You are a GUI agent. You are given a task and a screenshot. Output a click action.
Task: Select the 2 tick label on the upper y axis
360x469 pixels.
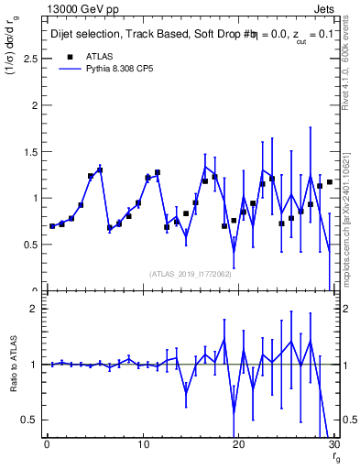coord(33,104)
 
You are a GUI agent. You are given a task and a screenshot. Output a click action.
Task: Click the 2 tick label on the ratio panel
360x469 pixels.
coord(33,309)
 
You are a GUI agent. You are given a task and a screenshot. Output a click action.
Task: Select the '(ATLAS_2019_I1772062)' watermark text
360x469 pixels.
coord(191,273)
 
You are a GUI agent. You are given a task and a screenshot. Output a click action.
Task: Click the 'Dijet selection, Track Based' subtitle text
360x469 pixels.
coord(115,34)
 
